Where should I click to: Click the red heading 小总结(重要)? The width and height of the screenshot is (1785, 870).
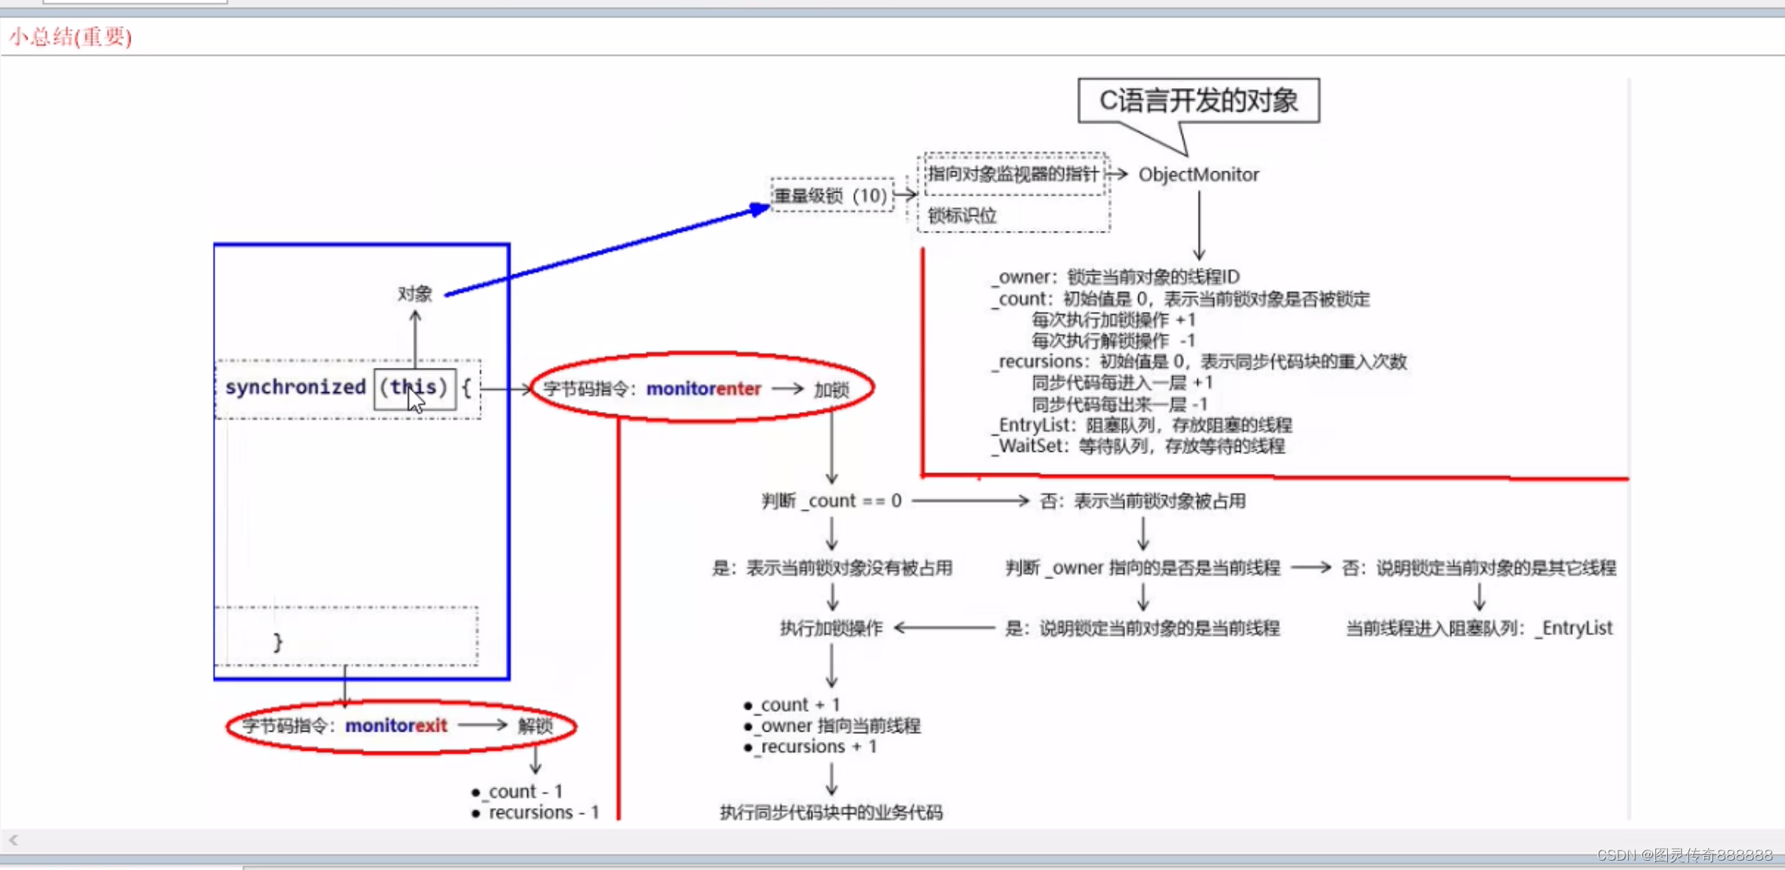click(x=71, y=37)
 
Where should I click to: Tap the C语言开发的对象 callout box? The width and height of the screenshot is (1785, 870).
click(x=1198, y=101)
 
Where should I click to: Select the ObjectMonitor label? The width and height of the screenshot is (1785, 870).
click(x=1198, y=174)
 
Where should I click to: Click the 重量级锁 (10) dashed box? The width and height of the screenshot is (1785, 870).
click(x=831, y=195)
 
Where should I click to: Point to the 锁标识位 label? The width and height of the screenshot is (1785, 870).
click(x=962, y=215)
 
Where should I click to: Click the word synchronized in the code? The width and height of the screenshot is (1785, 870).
click(x=295, y=387)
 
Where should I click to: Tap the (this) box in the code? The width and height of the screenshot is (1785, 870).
click(x=414, y=387)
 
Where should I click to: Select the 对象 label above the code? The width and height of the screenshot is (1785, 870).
click(x=415, y=294)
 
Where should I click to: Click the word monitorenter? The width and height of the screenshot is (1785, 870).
click(x=703, y=389)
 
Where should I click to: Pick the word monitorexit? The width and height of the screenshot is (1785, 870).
click(x=396, y=725)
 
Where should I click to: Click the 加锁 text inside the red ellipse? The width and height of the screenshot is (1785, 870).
click(x=831, y=390)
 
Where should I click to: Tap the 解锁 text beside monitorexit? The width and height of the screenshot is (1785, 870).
click(x=535, y=725)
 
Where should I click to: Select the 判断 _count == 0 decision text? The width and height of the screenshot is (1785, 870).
click(x=831, y=501)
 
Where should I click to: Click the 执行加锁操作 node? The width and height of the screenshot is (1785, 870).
click(x=831, y=628)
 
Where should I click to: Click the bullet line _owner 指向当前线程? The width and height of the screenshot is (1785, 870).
click(x=837, y=725)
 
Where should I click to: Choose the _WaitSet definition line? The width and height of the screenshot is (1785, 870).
click(x=1139, y=446)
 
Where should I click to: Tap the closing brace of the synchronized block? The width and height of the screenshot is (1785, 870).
click(x=277, y=642)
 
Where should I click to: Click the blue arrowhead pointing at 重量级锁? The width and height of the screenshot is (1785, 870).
click(x=759, y=208)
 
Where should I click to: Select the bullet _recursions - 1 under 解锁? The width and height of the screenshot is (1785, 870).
click(x=541, y=812)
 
